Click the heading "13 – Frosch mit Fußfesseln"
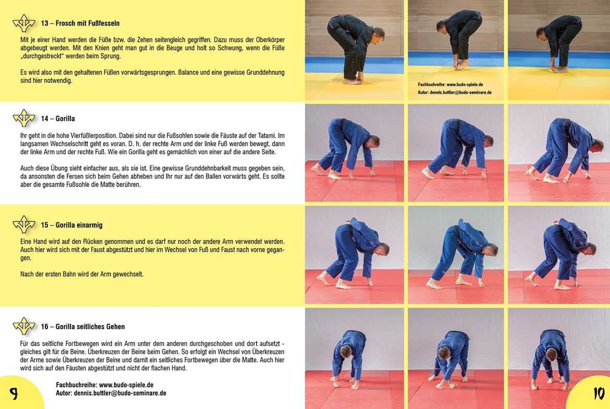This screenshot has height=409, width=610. (x=80, y=23)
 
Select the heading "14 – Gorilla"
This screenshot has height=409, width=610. (x=57, y=119)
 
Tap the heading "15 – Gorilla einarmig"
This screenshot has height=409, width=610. (x=71, y=225)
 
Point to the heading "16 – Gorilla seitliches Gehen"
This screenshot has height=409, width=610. (x=83, y=327)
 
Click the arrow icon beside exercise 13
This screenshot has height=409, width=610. (x=24, y=23)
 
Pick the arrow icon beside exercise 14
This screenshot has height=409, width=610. (x=24, y=118)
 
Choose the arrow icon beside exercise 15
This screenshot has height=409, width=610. (x=24, y=224)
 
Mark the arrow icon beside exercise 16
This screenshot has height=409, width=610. (x=24, y=326)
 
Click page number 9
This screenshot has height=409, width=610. (x=14, y=394)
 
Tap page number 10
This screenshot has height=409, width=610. (x=599, y=393)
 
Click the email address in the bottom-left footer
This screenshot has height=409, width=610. (x=120, y=393)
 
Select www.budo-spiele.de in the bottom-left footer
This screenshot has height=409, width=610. (x=126, y=385)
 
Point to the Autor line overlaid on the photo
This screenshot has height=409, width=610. (x=455, y=93)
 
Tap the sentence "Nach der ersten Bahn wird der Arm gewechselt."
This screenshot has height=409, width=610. (x=82, y=274)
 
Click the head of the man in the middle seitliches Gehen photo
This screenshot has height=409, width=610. (x=445, y=353)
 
